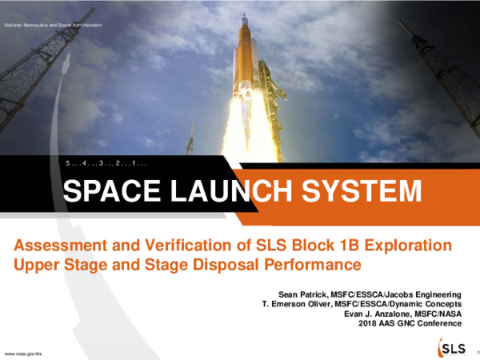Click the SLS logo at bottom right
pos(452,348)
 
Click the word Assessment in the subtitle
pos(62,244)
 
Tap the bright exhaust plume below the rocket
pos(246,128)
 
